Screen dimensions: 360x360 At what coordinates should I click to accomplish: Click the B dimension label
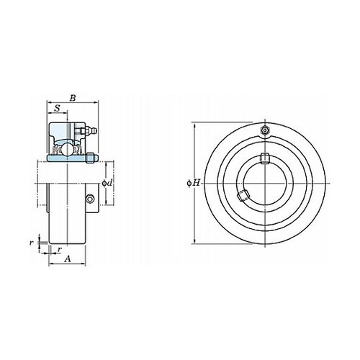(x=73, y=98)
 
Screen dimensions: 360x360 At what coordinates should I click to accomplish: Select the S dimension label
(x=57, y=109)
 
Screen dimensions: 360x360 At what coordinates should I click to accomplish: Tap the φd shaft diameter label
(x=107, y=183)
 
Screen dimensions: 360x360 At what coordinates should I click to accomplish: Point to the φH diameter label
(x=194, y=183)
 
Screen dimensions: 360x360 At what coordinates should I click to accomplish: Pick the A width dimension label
(x=68, y=259)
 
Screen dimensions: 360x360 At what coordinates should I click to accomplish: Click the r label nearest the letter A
(x=60, y=250)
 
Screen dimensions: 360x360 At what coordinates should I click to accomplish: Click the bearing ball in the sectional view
(x=66, y=149)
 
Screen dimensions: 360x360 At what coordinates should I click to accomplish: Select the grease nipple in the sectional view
(x=89, y=131)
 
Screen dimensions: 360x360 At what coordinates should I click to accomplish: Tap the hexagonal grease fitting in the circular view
(x=265, y=130)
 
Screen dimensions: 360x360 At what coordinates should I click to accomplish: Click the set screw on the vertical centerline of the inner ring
(x=265, y=158)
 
